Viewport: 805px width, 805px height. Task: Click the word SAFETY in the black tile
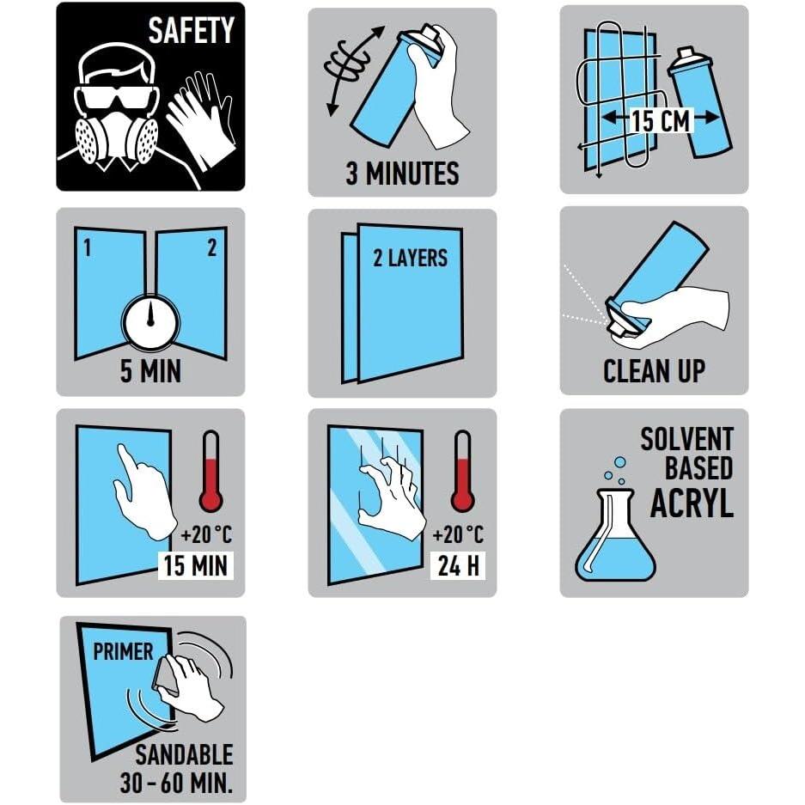point(191,30)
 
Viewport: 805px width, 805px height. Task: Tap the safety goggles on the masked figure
point(115,98)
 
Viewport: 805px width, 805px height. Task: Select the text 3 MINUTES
point(402,173)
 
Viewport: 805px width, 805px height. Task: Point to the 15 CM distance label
point(661,120)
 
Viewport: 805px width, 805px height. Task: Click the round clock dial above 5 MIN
point(150,323)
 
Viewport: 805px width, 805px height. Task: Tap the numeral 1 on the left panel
point(88,248)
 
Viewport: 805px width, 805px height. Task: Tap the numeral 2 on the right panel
point(211,247)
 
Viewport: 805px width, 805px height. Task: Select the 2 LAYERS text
point(410,258)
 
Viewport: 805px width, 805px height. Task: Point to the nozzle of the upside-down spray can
point(619,328)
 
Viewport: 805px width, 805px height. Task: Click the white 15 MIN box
point(196,566)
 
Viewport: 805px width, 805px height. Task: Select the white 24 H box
point(459,566)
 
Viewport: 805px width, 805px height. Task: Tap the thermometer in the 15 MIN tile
point(210,472)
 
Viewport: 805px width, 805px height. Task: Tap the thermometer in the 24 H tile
point(462,472)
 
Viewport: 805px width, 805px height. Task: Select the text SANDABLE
point(184,754)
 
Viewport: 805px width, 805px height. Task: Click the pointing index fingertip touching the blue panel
point(121,448)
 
